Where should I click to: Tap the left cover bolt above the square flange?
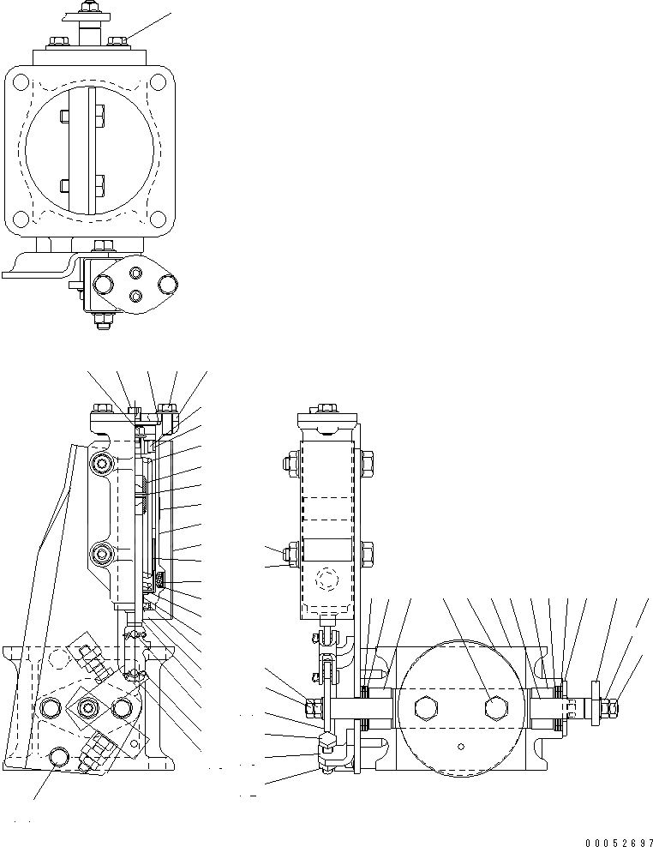(x=60, y=39)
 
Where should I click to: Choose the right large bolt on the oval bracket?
(x=166, y=283)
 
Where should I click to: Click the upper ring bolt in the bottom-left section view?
(x=105, y=464)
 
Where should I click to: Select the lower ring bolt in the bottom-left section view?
(x=104, y=555)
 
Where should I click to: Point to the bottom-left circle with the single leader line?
(x=58, y=756)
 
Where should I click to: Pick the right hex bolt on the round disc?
(x=495, y=708)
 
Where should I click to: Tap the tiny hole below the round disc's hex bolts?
(x=461, y=746)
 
